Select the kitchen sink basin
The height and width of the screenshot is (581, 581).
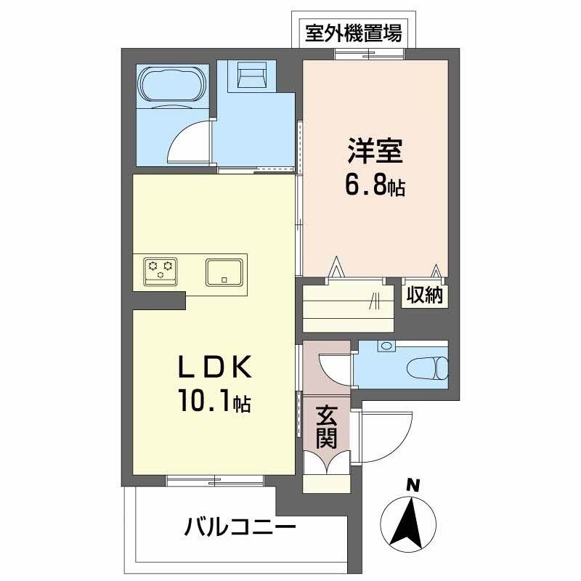click(226, 272)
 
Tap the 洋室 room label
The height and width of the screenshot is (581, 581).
click(375, 154)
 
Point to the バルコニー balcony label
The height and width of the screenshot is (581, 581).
click(240, 525)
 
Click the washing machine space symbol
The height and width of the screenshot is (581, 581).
click(251, 75)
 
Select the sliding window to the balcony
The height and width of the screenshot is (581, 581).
click(214, 479)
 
